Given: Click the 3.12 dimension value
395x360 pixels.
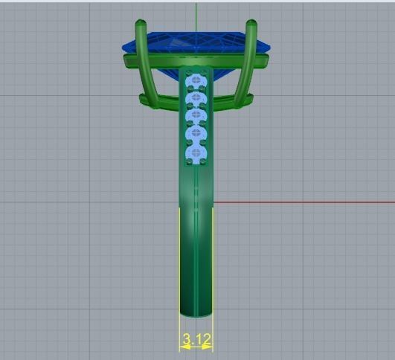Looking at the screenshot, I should pos(196,340).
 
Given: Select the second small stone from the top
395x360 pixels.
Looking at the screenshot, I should pos(196,97).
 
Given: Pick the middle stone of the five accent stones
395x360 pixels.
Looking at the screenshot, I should pos(196,116).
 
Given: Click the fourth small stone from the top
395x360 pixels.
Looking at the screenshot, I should pos(196,135).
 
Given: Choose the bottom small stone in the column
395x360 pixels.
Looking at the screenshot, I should pos(196,153).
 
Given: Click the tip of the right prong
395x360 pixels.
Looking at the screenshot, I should pos(252,25).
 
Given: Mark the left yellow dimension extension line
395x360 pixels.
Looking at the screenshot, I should pos(179,275).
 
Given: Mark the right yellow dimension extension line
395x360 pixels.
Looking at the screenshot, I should pos(213,275).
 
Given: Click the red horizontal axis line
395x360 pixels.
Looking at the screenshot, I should pos(305,202).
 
